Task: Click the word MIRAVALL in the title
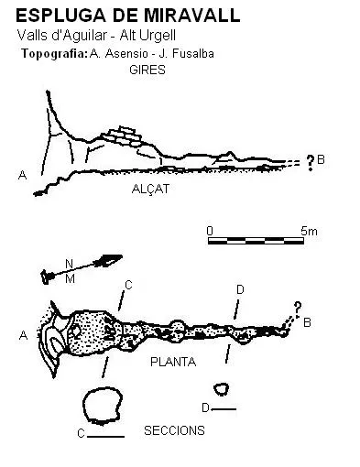click(192, 16)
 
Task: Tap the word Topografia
click(55, 54)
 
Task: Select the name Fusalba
click(192, 54)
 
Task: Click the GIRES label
click(147, 70)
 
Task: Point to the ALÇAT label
click(150, 189)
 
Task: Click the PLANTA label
click(173, 362)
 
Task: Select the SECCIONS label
click(174, 430)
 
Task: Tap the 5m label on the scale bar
click(309, 231)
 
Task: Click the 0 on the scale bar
click(210, 231)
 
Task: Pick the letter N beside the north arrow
click(70, 264)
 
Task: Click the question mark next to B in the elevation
click(311, 163)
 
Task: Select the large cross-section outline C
click(104, 407)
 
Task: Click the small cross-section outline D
click(221, 389)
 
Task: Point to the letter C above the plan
click(128, 285)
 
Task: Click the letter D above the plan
click(240, 289)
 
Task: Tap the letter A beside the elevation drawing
click(23, 175)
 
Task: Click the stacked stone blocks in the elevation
click(122, 136)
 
